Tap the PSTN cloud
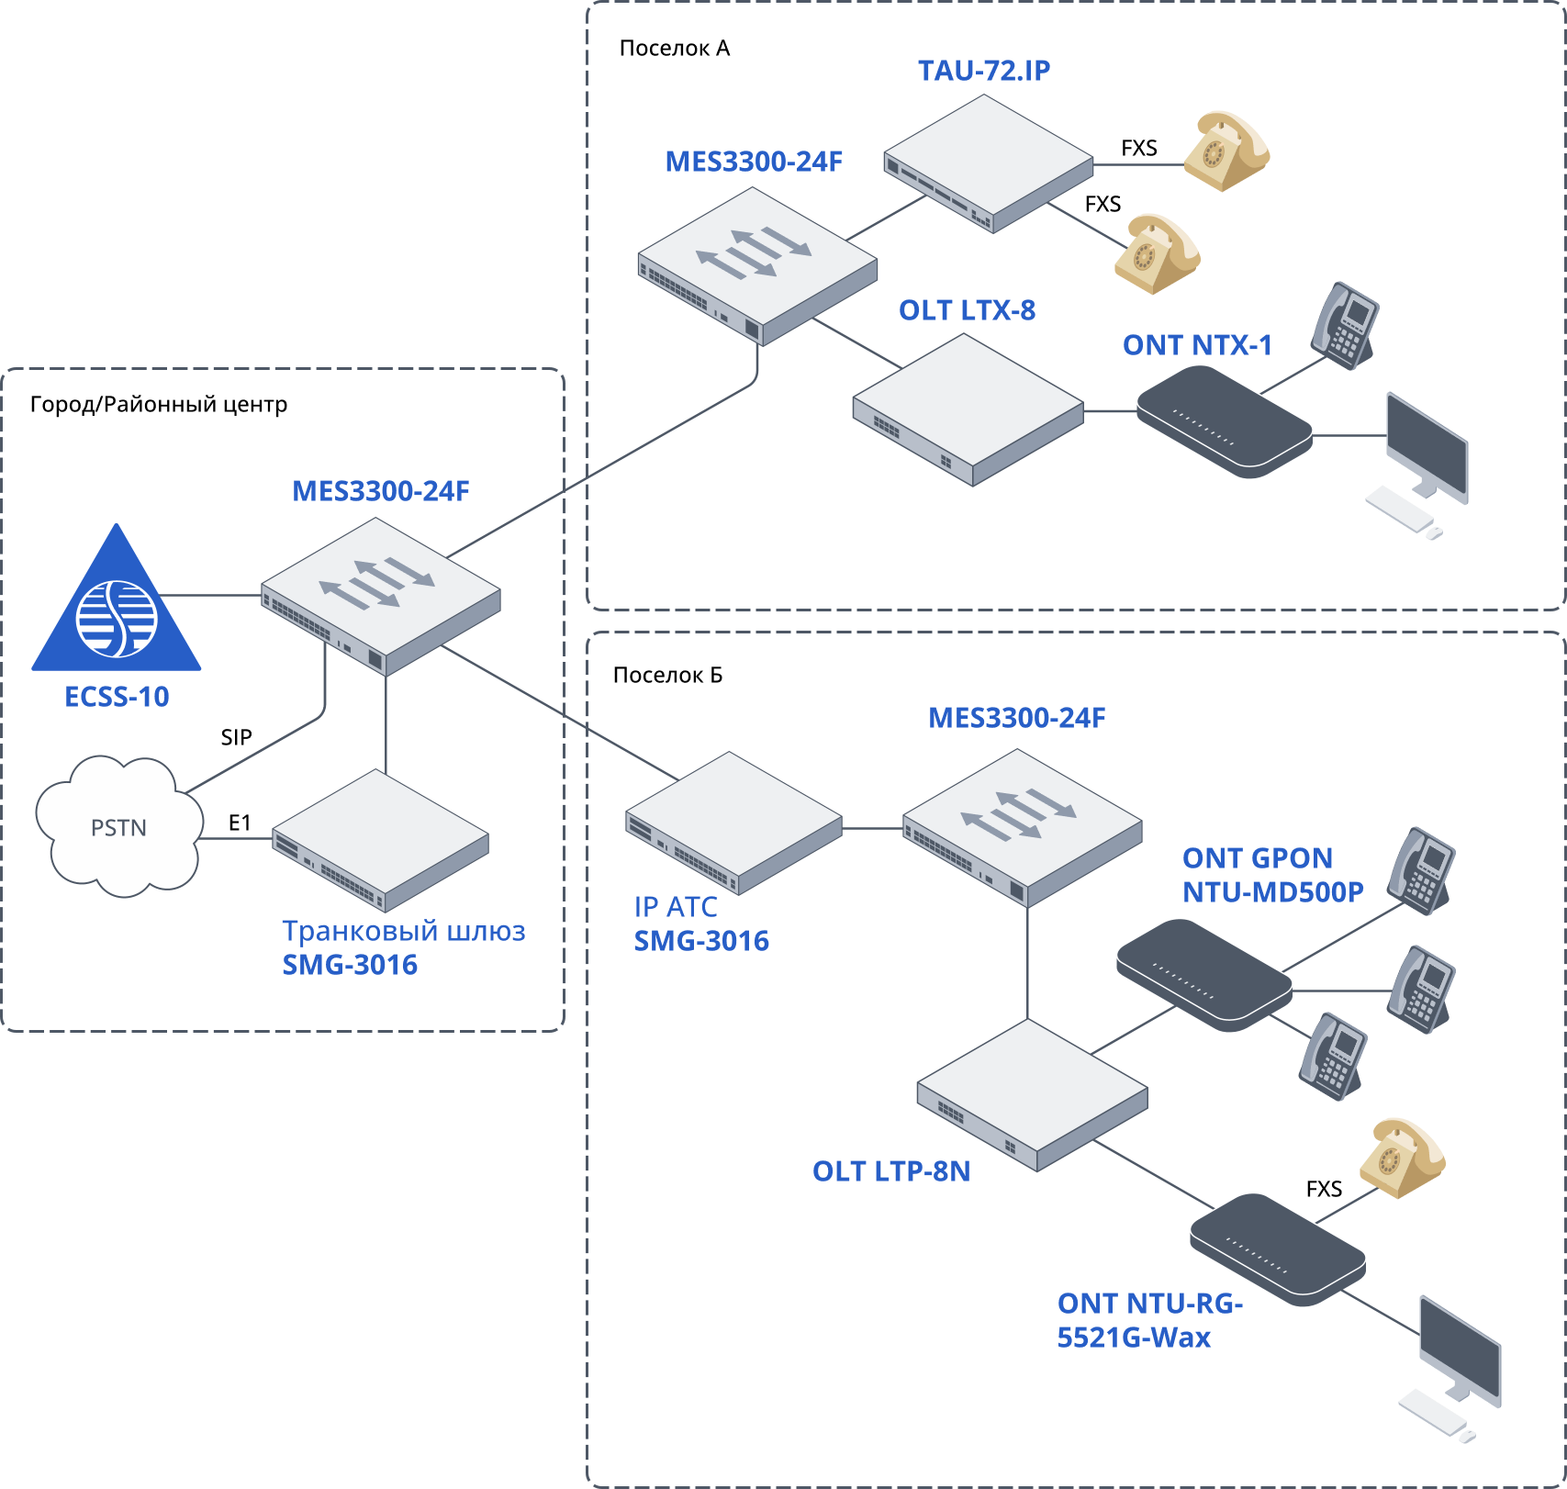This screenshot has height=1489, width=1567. [x=118, y=827]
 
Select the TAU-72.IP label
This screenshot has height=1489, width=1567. [x=984, y=71]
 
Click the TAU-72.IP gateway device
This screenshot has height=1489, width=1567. [x=989, y=163]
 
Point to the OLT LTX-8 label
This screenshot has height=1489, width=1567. [x=967, y=310]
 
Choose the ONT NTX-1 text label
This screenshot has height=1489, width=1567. [x=1197, y=345]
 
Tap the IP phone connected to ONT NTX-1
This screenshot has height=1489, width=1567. [x=1345, y=326]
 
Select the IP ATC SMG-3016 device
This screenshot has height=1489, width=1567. [x=733, y=823]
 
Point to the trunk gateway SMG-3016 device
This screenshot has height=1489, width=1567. [x=380, y=840]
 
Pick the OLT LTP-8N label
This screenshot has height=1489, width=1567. [x=890, y=1171]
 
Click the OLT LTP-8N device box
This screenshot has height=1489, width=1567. [x=1032, y=1095]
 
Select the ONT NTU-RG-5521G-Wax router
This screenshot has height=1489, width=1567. [x=1277, y=1248]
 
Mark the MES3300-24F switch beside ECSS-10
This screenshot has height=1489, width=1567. [x=381, y=596]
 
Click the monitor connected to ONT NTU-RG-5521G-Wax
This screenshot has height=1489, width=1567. [x=1460, y=1349]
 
